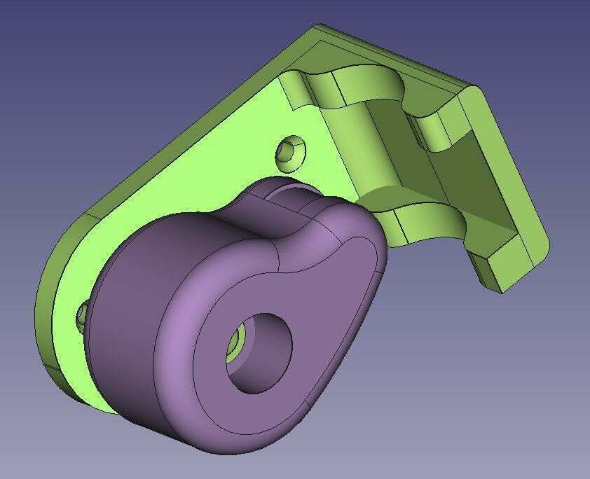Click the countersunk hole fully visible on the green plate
point(291,153)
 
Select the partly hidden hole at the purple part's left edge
point(82,316)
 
